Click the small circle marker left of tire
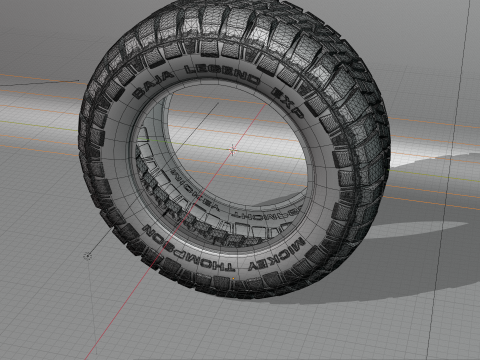pyautogui.click(x=88, y=255)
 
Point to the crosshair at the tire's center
pyautogui.click(x=234, y=151)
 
